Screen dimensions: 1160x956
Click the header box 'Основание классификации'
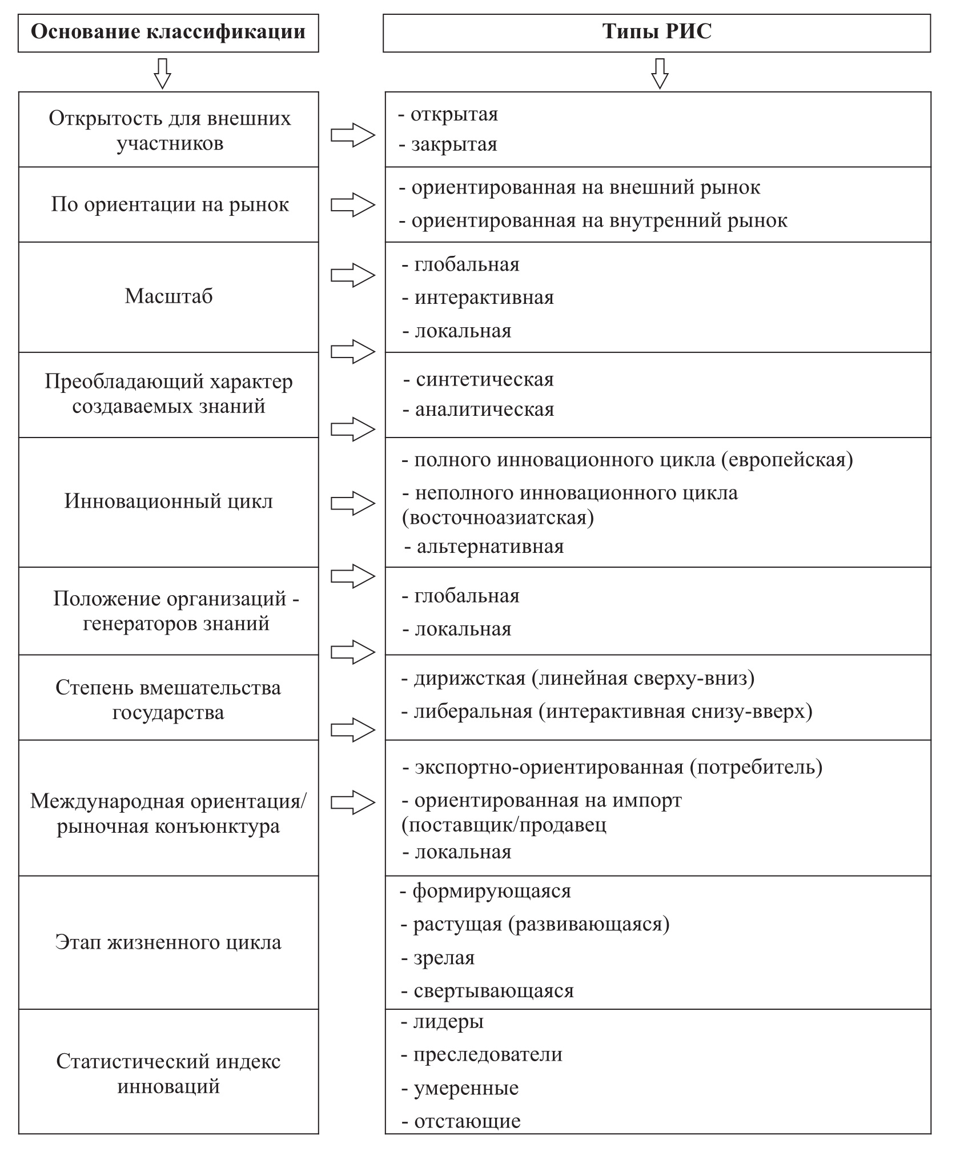tap(168, 32)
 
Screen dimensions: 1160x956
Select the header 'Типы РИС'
tap(657, 32)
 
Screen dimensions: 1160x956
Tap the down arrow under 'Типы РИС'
tap(660, 73)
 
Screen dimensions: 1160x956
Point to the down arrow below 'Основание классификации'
tap(163, 73)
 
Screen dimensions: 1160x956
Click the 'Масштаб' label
tap(168, 296)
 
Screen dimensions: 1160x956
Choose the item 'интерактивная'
tap(484, 298)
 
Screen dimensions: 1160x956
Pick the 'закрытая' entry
tap(454, 145)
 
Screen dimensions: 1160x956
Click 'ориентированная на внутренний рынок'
tap(599, 220)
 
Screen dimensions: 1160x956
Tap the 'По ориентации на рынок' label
tap(170, 204)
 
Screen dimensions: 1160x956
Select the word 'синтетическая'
tap(484, 380)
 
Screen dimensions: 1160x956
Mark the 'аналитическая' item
tap(484, 410)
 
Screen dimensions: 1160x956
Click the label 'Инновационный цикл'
tap(168, 501)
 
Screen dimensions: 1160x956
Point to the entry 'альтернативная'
tap(490, 547)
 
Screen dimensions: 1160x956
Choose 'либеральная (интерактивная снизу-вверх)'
tap(613, 712)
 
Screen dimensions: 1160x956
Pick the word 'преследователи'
tap(488, 1054)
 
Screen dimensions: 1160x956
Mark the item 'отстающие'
tap(467, 1121)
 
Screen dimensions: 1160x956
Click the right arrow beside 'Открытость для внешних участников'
tap(353, 135)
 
